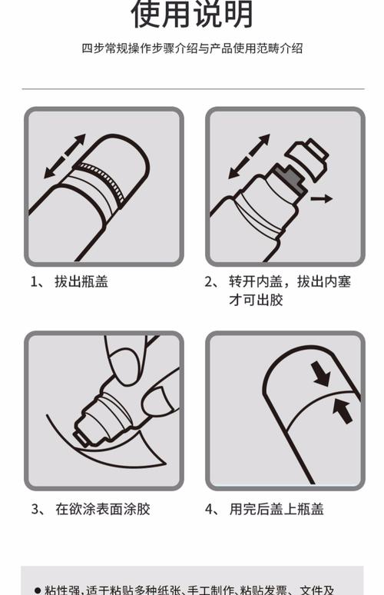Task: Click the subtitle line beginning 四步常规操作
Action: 192,48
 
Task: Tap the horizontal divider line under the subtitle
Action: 192,89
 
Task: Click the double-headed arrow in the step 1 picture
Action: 65,156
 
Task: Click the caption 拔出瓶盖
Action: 81,281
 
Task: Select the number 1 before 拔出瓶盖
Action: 35,281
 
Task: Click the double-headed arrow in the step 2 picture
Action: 249,156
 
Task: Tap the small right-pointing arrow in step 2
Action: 323,198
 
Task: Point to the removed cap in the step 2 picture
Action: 311,157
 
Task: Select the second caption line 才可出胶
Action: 256,300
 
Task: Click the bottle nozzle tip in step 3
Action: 80,439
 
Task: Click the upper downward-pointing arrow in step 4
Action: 321,374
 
